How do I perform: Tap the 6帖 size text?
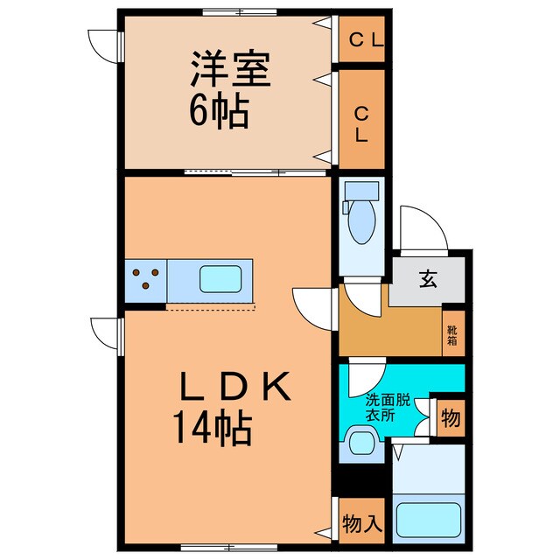click(218, 112)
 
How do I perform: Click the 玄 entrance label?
click(427, 280)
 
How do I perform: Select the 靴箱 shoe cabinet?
click(452, 335)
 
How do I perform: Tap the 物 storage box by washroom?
click(451, 419)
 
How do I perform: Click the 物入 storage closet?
click(360, 524)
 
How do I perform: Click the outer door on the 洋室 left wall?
click(104, 44)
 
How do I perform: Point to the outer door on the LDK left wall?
click(106, 333)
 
